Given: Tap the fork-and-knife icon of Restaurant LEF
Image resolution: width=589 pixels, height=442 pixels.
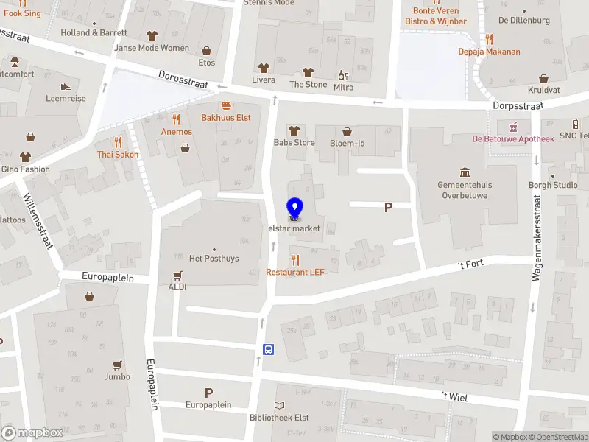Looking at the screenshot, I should [x=294, y=260].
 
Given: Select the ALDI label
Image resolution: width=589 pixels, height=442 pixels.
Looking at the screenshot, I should [x=177, y=287].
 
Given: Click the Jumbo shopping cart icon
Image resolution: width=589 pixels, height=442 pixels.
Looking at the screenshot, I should [x=117, y=365].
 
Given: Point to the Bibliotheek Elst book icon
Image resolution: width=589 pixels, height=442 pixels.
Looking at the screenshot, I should [x=279, y=405].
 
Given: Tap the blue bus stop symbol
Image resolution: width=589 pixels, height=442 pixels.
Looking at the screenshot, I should [x=269, y=349].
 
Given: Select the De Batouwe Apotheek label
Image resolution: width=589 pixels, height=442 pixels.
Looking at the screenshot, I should [x=513, y=138].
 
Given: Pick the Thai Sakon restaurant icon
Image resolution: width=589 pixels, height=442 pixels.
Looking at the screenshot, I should [x=118, y=142].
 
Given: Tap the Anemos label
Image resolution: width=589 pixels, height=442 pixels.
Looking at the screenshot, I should [x=177, y=132].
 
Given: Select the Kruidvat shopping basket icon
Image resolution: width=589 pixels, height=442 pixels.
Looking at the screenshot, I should [x=544, y=79].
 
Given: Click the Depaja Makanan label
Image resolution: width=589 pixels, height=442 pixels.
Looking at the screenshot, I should [x=489, y=52].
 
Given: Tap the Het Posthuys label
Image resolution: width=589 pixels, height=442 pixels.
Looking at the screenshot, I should [x=214, y=258].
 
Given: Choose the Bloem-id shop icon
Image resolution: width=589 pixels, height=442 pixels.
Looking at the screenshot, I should [x=348, y=130].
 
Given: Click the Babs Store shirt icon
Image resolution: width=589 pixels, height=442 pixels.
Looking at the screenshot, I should [x=294, y=130].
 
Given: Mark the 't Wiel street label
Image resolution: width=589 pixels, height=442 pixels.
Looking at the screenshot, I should [x=454, y=397].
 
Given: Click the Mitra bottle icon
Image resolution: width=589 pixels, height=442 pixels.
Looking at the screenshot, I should [x=342, y=75].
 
